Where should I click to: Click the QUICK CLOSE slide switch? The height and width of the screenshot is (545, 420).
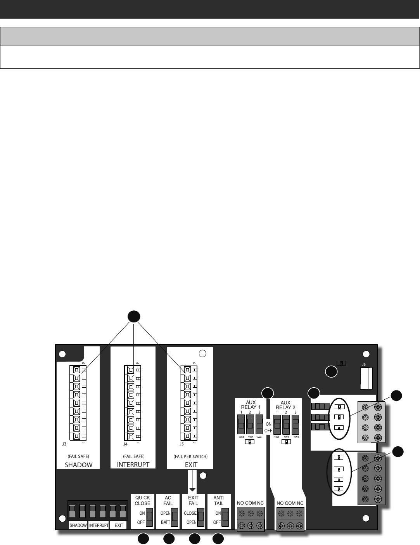click(149, 518)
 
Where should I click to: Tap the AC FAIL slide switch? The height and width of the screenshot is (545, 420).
click(175, 518)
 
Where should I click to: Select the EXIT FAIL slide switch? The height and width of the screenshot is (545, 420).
click(200, 518)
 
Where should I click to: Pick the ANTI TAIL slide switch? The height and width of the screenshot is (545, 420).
click(226, 518)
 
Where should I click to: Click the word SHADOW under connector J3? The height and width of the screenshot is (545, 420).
click(79, 465)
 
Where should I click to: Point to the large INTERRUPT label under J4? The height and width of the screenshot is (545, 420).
click(133, 465)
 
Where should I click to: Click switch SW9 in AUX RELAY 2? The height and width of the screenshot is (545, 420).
click(296, 424)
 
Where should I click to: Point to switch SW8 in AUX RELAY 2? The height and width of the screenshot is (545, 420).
click(287, 424)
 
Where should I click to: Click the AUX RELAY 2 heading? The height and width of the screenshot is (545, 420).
click(286, 405)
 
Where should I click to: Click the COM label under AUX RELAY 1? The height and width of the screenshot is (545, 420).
click(251, 503)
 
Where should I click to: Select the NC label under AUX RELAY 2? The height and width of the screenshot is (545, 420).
click(300, 503)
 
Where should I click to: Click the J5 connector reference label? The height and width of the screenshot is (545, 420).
click(181, 444)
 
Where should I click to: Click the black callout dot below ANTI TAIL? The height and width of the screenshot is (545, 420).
click(218, 538)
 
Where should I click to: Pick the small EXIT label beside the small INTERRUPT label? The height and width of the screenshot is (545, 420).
click(119, 525)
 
